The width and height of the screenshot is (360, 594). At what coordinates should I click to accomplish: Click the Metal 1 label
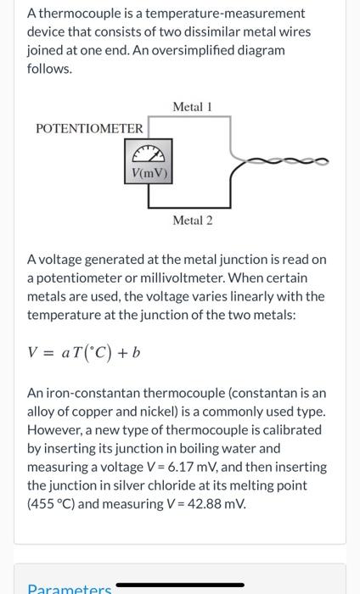192,107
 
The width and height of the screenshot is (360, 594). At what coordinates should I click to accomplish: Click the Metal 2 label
192,221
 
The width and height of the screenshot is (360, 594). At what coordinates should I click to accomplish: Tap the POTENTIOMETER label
90,128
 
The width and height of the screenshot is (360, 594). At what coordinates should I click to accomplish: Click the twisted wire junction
280,159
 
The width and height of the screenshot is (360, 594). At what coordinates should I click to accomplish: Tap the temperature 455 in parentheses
41,503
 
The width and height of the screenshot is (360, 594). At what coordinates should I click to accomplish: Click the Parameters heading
67,588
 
